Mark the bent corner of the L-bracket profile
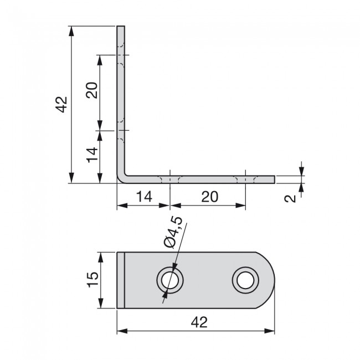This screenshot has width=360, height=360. pos(122,174)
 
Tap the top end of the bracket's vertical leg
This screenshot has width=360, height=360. pos(121,28)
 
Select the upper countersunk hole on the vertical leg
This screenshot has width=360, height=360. pos(121,55)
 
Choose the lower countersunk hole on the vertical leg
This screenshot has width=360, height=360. pos(121,131)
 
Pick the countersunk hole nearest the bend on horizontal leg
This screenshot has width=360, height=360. pos(170,179)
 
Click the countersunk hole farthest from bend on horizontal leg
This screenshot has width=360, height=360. pos(245,179)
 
